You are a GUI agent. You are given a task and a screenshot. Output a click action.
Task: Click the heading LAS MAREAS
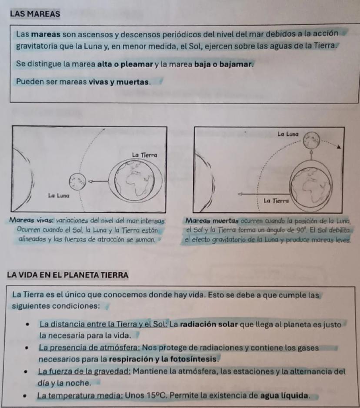[35, 13]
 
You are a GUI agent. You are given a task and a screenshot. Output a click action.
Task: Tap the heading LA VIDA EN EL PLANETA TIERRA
[67, 275]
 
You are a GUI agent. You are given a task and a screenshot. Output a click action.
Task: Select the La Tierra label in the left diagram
[144, 155]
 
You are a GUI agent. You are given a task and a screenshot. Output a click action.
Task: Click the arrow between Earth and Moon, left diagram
[99, 180]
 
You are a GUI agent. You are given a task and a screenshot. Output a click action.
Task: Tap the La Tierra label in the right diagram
[277, 201]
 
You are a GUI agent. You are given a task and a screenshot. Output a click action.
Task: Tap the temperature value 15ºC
[156, 396]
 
